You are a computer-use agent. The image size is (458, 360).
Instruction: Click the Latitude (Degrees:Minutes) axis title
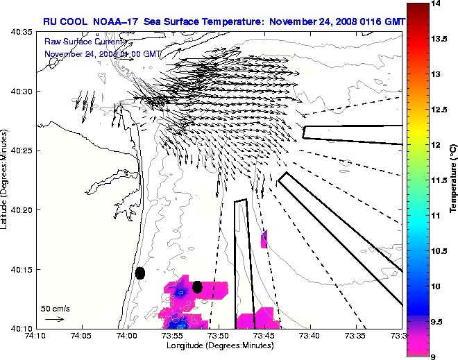click(x=6, y=180)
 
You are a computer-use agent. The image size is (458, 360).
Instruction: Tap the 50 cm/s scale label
click(x=55, y=308)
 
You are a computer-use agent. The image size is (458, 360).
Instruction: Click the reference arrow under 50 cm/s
click(x=54, y=319)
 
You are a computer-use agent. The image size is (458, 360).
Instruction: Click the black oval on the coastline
click(x=140, y=273)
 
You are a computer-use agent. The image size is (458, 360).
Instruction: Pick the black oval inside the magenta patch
click(x=197, y=286)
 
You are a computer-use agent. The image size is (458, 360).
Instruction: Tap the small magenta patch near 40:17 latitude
click(x=264, y=239)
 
